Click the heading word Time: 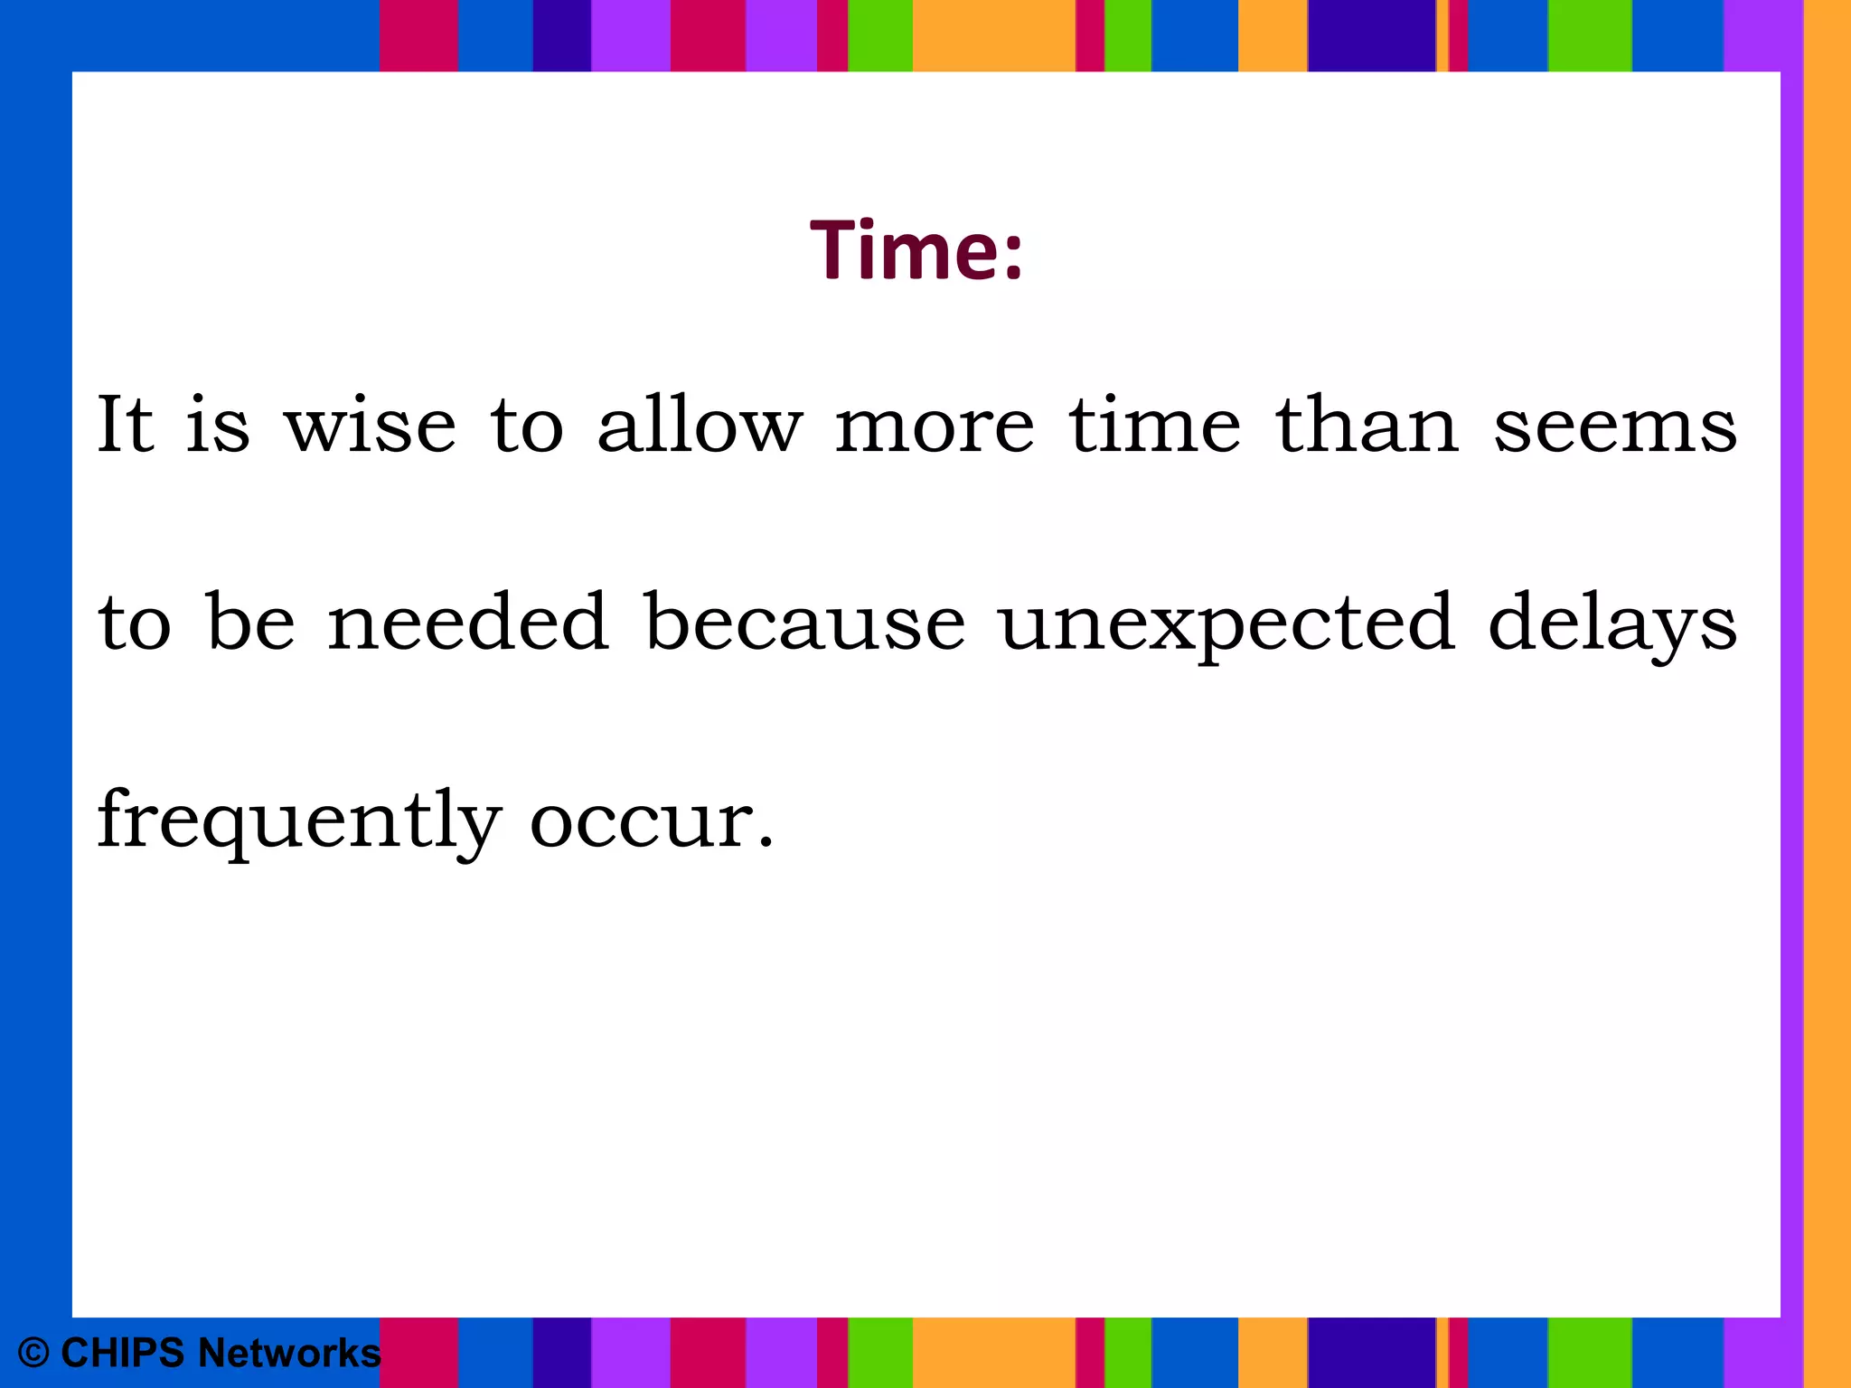point(916,250)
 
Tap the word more point(935,426)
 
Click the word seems point(1615,426)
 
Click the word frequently point(298,821)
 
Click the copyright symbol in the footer point(33,1353)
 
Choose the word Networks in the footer point(289,1353)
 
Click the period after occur point(766,844)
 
